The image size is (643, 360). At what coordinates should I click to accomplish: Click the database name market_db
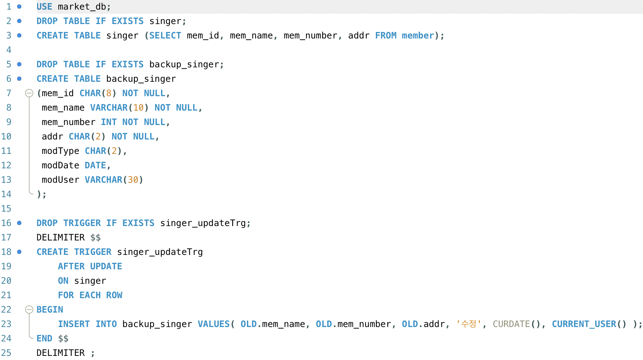click(82, 7)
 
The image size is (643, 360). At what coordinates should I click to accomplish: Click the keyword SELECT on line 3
click(165, 36)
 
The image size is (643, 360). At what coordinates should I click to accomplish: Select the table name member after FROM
click(418, 36)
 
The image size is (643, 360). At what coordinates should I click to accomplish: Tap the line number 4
click(9, 50)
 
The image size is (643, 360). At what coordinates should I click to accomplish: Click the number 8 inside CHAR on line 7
click(109, 93)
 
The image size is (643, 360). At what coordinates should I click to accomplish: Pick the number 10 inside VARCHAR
click(138, 108)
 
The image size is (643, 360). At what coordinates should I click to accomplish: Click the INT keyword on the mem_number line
click(109, 122)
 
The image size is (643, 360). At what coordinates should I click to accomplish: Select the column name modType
click(60, 151)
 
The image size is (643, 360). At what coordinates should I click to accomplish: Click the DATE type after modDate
click(95, 166)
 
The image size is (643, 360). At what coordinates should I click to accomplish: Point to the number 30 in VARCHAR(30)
click(133, 180)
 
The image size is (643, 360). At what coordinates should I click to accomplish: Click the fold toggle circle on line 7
click(29, 93)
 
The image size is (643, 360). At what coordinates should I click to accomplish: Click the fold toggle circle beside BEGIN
click(29, 310)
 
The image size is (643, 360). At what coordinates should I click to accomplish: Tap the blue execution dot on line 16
click(19, 223)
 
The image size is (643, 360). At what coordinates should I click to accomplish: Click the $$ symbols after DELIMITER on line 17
click(95, 238)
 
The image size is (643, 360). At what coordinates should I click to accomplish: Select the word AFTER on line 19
click(71, 267)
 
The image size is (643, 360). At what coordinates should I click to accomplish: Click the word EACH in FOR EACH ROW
click(90, 295)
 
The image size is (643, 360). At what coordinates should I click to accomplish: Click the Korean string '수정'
click(469, 324)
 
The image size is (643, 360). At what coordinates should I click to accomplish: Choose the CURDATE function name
click(511, 324)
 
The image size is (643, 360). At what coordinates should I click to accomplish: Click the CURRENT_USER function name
click(584, 324)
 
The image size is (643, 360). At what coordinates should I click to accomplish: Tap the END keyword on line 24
click(44, 339)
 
